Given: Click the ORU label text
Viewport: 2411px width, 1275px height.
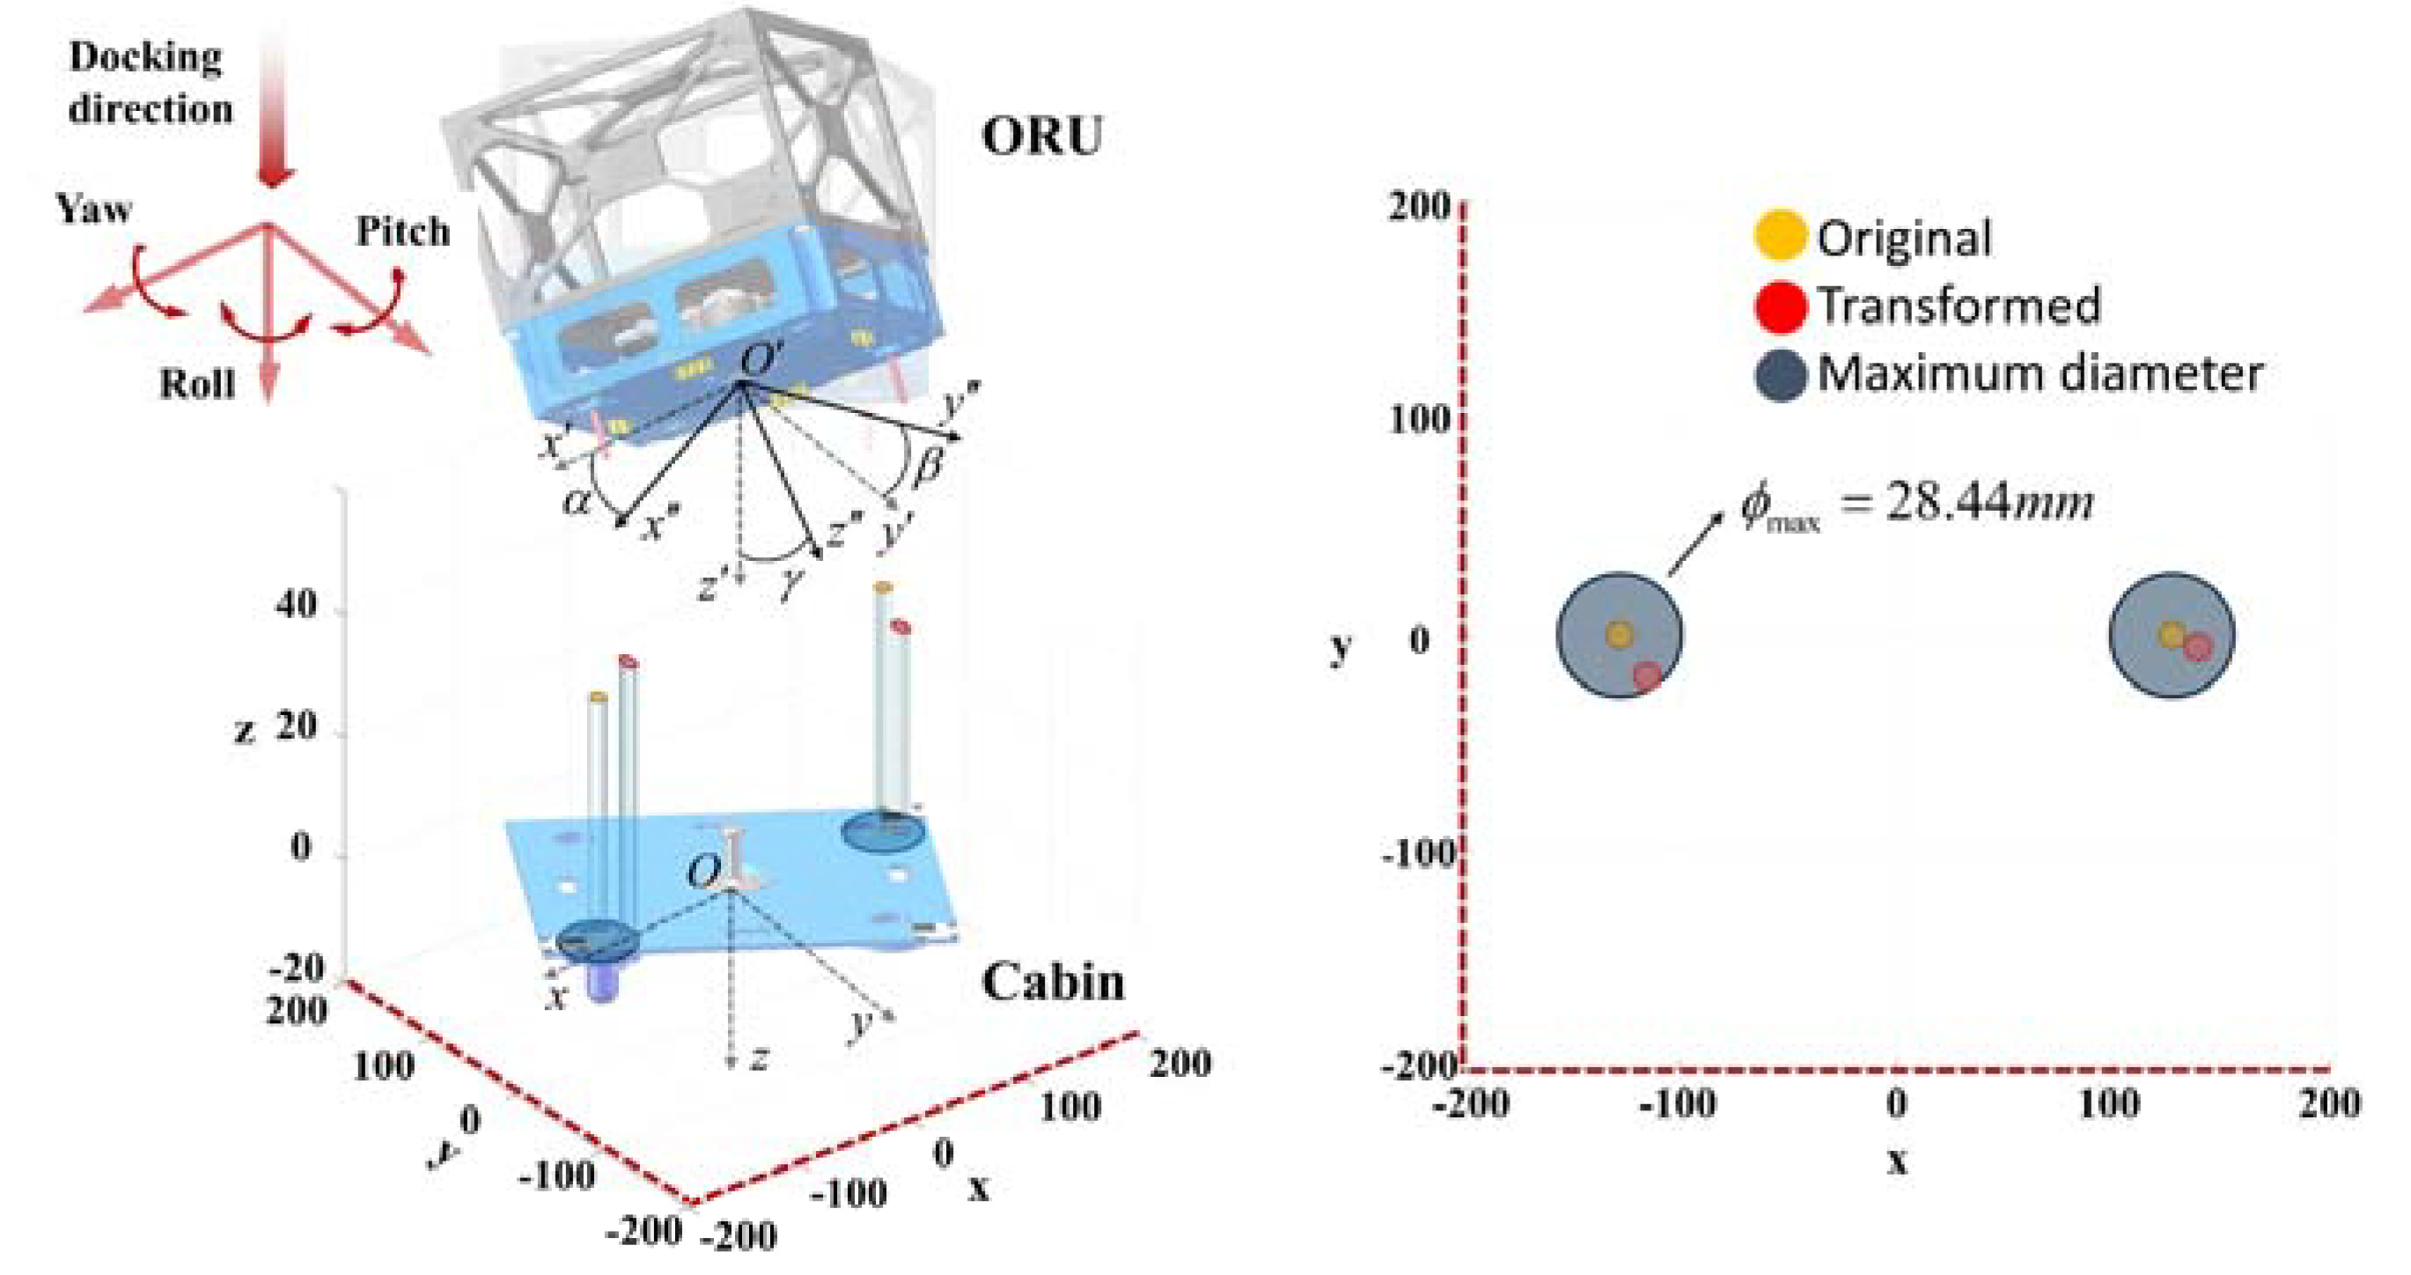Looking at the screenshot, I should (x=1041, y=136).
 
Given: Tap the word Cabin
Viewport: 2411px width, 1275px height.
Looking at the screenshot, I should (x=1053, y=982).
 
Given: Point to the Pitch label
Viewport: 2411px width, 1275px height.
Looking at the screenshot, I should (x=402, y=232).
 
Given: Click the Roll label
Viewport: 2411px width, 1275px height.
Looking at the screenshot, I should (x=196, y=384).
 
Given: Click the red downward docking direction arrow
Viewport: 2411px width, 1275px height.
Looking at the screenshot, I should (x=273, y=113).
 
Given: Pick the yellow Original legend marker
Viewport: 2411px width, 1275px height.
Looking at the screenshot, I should (x=1778, y=236).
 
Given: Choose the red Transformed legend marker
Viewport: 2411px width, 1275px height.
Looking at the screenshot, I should (x=1779, y=306).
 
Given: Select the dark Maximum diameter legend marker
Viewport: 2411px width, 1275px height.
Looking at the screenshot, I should (x=1779, y=375).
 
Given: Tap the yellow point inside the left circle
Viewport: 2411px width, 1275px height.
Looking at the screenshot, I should (x=1619, y=634).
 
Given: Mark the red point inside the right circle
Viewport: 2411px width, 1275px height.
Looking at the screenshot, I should (x=2198, y=647).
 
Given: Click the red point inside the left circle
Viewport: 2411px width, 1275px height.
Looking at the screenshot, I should (x=1647, y=676).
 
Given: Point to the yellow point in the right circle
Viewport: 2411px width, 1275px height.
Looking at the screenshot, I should (x=2172, y=635).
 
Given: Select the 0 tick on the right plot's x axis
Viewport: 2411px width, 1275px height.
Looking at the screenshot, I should (x=1896, y=1102).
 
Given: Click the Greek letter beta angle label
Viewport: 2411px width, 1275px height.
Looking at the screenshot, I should (x=927, y=465).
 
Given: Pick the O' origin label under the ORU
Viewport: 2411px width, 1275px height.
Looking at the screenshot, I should (x=757, y=359).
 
